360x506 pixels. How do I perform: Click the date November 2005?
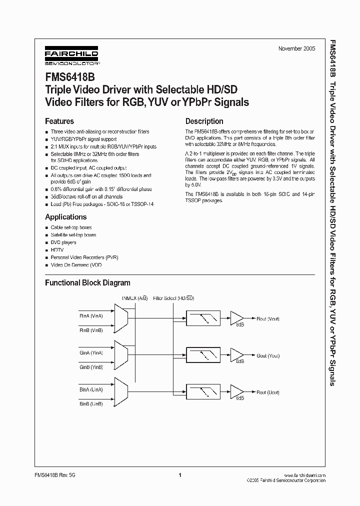click(297, 48)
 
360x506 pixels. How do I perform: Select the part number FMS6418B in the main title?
click(66, 78)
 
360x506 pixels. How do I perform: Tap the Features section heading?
click(59, 121)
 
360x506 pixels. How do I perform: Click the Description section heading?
click(204, 121)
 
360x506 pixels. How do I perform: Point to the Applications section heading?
click(66, 217)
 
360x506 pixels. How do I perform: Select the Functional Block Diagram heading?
click(87, 283)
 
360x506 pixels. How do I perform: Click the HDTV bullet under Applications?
click(56, 250)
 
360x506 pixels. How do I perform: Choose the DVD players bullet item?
click(63, 242)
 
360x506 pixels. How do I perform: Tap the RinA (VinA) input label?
click(91, 316)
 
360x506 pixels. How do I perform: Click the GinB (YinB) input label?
click(91, 367)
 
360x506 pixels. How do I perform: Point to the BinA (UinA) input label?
click(91, 389)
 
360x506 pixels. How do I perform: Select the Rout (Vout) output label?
click(268, 318)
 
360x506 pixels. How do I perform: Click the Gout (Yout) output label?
click(268, 356)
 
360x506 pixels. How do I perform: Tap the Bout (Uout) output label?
click(268, 393)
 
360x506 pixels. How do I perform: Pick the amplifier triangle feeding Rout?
click(235, 318)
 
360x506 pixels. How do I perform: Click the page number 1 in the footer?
click(179, 475)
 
